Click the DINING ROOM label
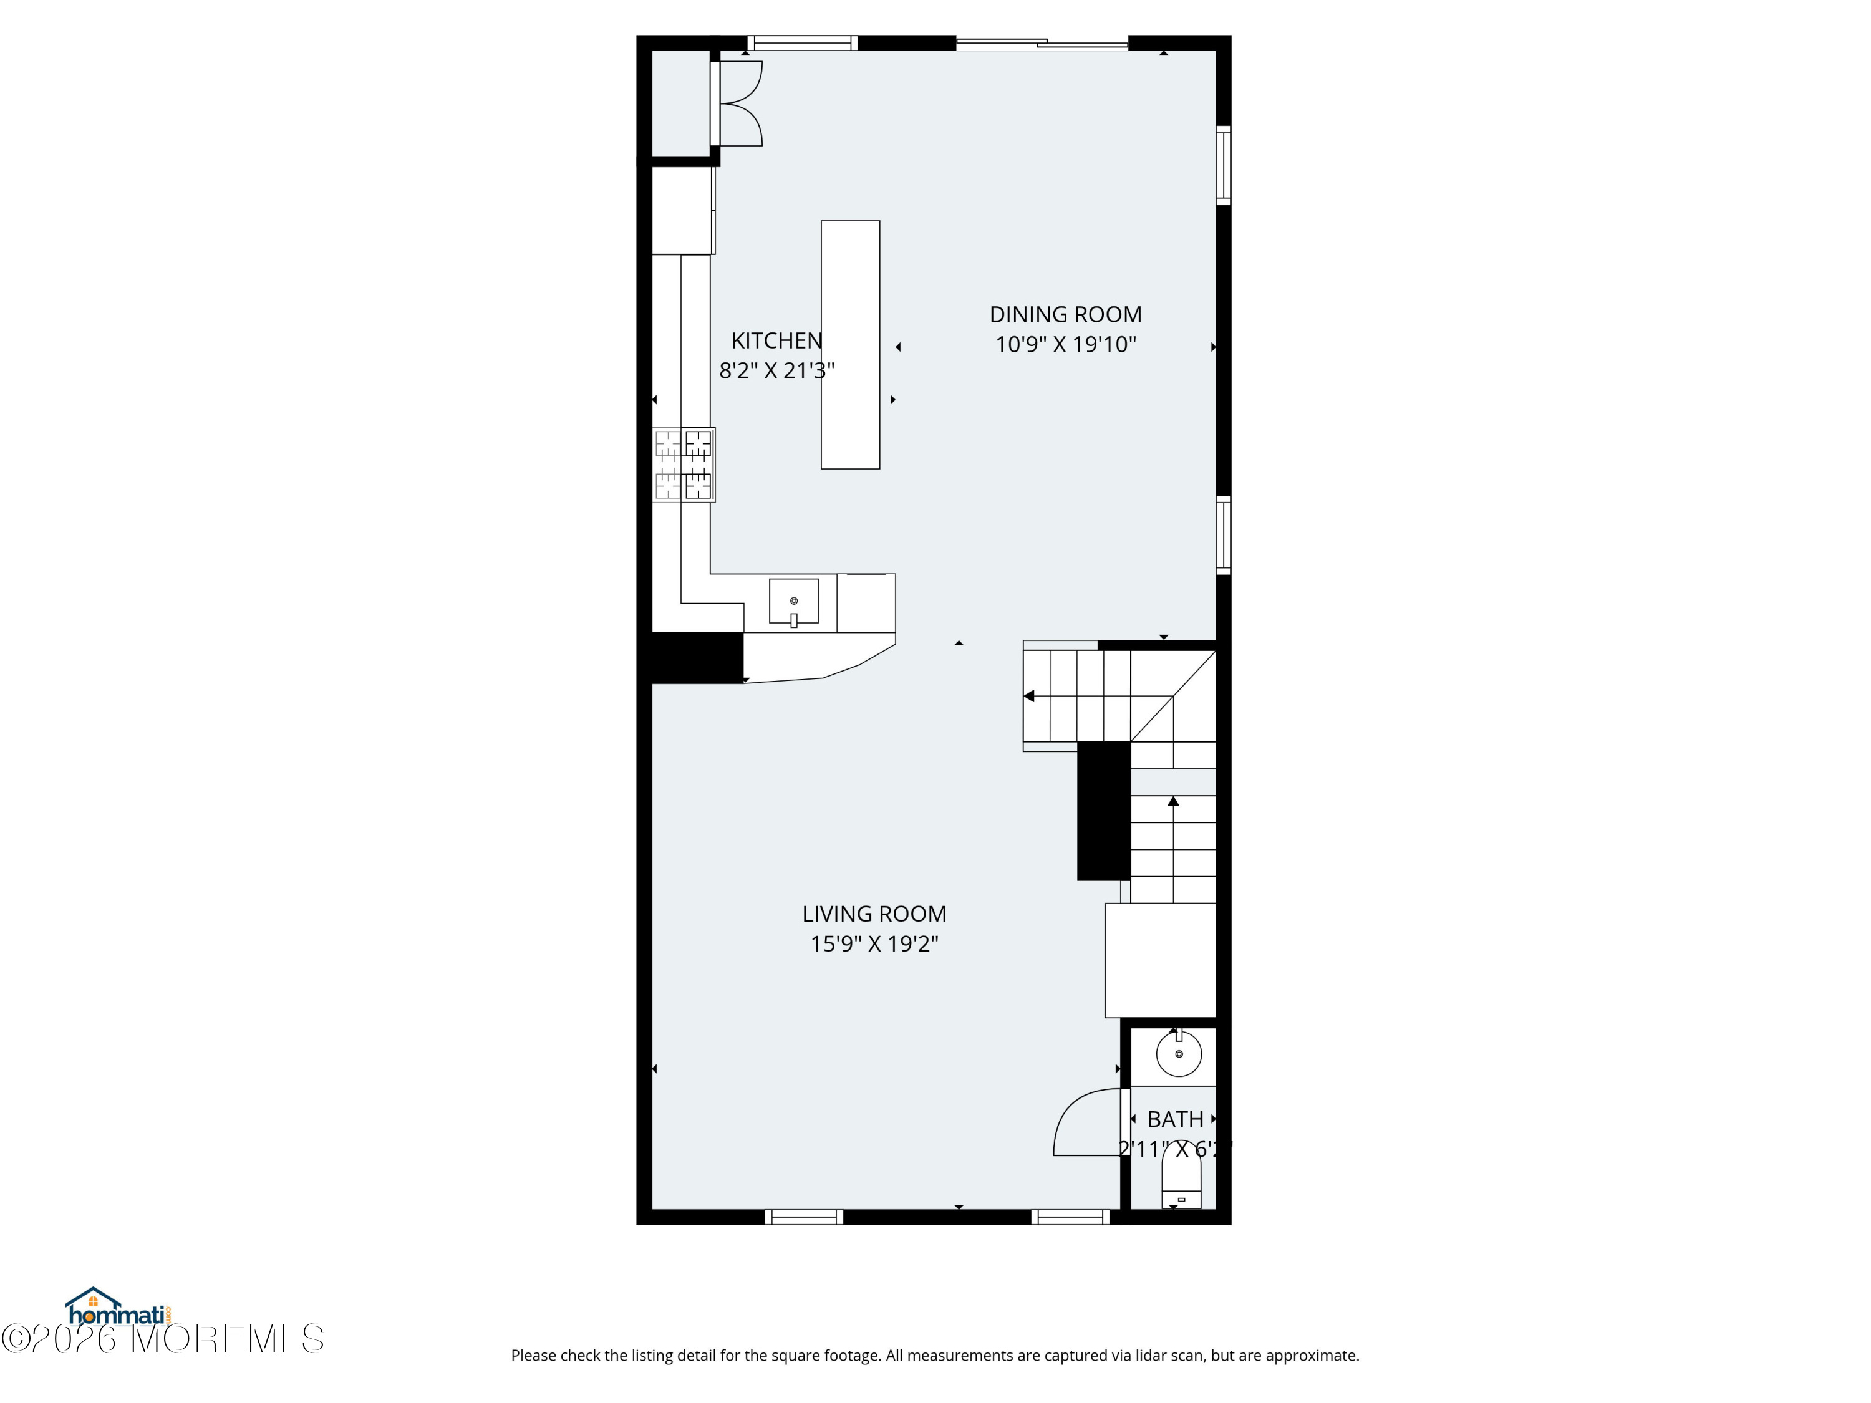(x=1065, y=315)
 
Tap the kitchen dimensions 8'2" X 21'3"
(x=776, y=370)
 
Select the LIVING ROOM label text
(x=874, y=914)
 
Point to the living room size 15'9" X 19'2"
(x=874, y=944)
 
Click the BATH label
(x=1175, y=1120)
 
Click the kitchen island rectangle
(x=850, y=345)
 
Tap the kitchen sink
(x=793, y=601)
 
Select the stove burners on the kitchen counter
(x=684, y=465)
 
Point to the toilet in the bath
(x=1181, y=1182)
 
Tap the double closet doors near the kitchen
(x=740, y=103)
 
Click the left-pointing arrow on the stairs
(x=1030, y=696)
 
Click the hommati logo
(x=118, y=1308)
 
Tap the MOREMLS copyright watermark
(x=162, y=1339)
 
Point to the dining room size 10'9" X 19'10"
(x=1065, y=345)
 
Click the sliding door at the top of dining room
(x=1042, y=42)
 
